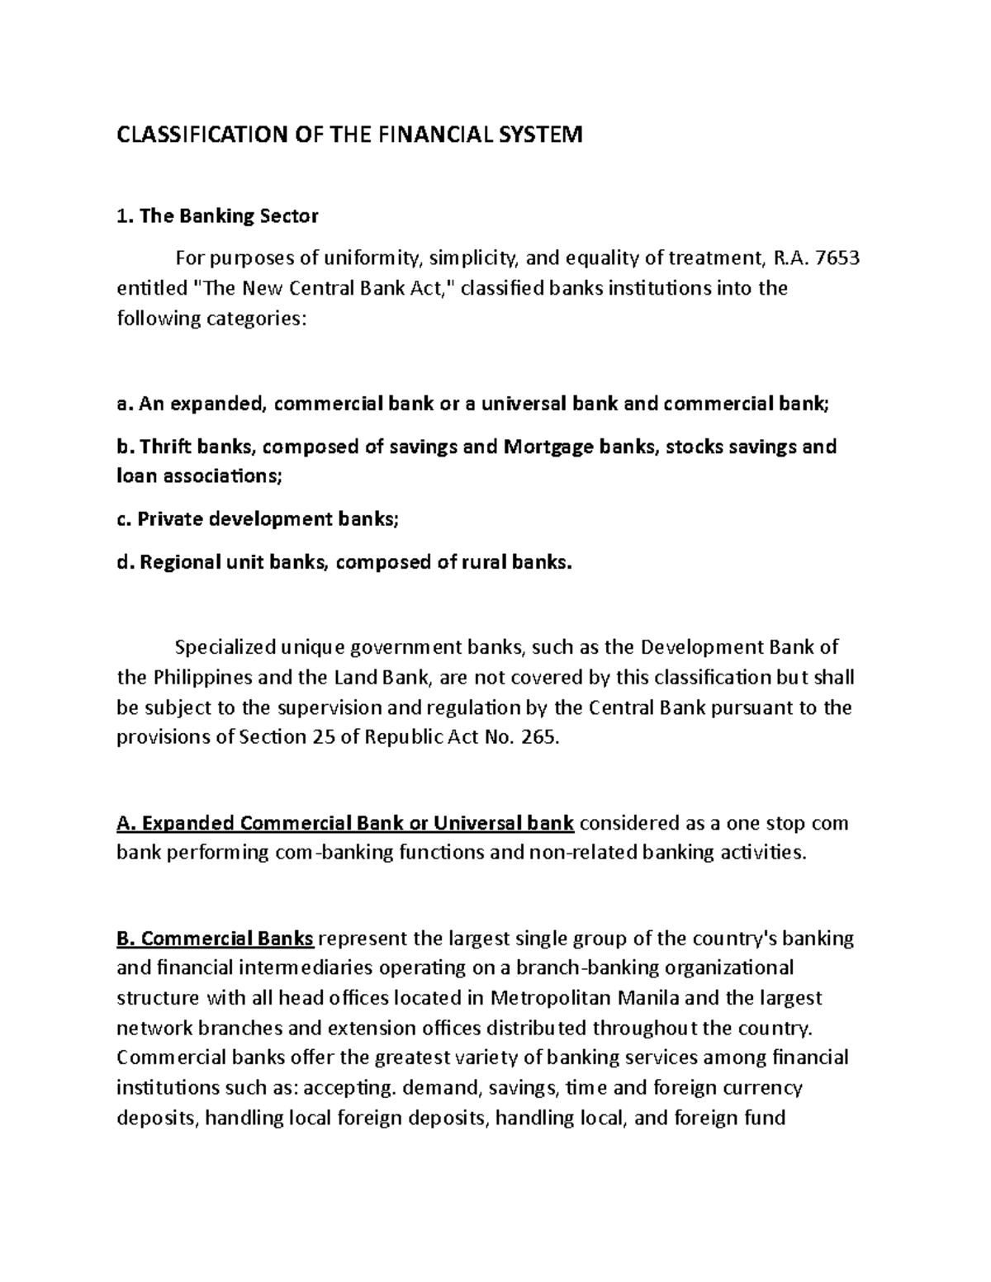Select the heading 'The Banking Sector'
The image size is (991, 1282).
[x=229, y=216]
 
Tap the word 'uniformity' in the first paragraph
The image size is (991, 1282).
[x=372, y=258]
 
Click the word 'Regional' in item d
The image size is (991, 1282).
[x=180, y=563]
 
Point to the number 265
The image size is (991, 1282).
[x=541, y=737]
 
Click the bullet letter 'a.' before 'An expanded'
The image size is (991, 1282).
[x=125, y=404]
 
